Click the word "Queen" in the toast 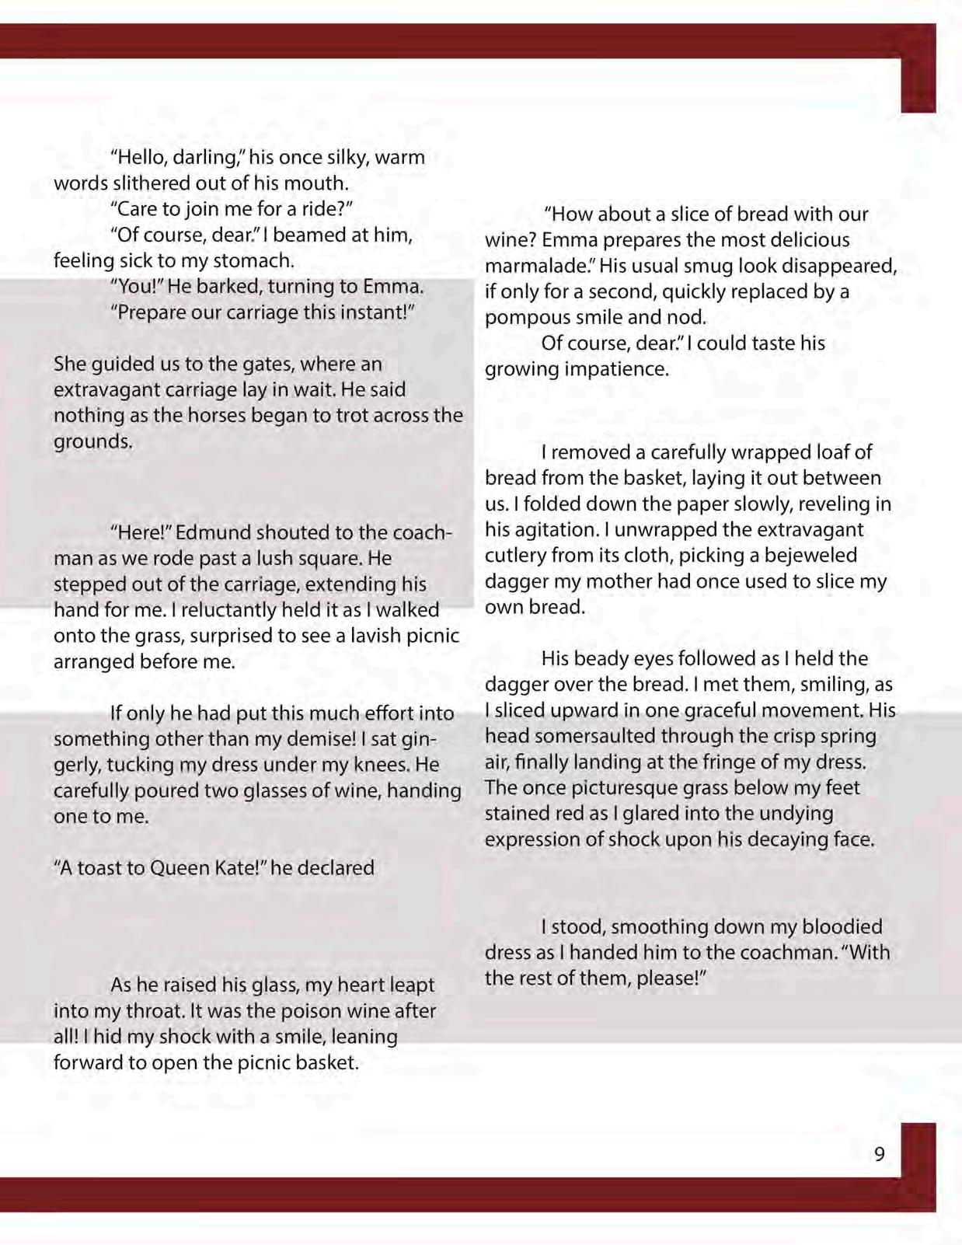(176, 867)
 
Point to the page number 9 (879, 1154)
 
